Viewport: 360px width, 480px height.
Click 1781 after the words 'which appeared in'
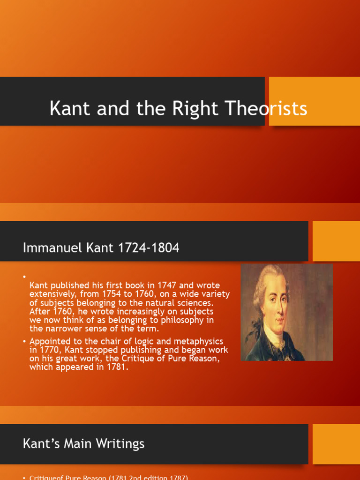click(x=117, y=367)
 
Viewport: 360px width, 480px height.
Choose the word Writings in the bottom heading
click(x=120, y=443)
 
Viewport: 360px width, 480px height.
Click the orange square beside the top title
click(x=314, y=101)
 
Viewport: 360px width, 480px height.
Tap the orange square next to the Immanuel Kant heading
click(x=336, y=241)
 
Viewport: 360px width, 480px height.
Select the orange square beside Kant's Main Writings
click(x=336, y=444)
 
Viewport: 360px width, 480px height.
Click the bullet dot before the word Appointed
click(x=25, y=342)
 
